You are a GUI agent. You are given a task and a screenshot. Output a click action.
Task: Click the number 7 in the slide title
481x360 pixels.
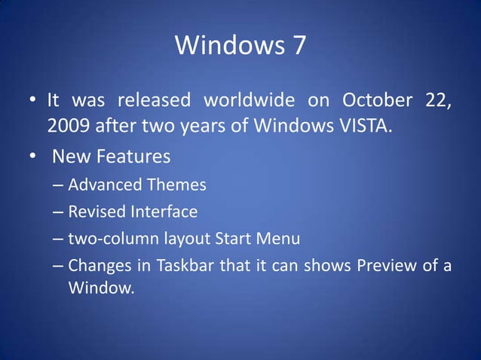[297, 46]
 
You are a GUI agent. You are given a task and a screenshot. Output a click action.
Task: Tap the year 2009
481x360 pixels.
[67, 125]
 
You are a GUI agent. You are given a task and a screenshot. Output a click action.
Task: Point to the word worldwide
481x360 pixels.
[246, 100]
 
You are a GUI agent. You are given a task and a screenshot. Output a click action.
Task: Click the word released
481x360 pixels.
[149, 100]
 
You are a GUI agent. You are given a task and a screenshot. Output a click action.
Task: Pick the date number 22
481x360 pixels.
[438, 101]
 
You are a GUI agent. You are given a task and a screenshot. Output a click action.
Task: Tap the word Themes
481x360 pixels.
[176, 185]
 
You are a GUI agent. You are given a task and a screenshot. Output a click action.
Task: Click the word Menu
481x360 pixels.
[278, 239]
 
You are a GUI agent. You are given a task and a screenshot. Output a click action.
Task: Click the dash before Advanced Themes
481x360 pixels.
[58, 185]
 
